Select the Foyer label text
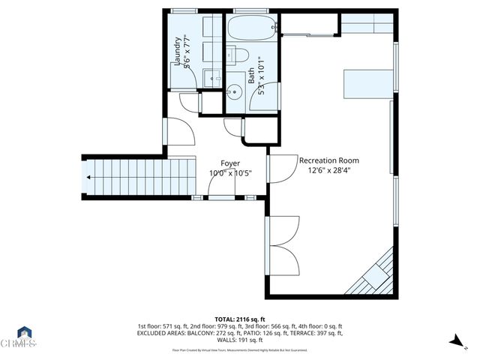(229, 163)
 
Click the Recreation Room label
(328, 160)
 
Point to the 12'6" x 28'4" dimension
(328, 170)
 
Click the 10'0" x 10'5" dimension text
(229, 173)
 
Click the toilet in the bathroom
(240, 54)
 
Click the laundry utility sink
(212, 76)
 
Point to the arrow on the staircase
(89, 178)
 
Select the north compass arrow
(454, 342)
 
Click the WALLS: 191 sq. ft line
(239, 340)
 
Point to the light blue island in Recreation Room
(367, 82)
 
